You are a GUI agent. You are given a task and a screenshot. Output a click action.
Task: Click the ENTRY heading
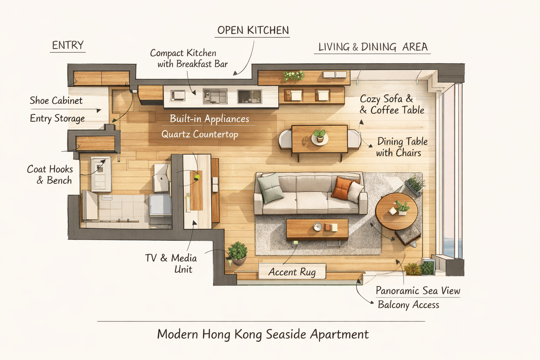(x=68, y=45)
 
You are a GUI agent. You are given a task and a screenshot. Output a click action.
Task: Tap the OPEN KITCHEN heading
(x=253, y=30)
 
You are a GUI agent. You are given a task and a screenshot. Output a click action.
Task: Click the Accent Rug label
(x=292, y=272)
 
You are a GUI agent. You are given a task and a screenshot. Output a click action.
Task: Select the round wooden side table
(x=397, y=211)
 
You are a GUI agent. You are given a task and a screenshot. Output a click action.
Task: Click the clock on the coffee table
(x=318, y=227)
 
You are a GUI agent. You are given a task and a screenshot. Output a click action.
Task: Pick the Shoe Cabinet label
(x=56, y=101)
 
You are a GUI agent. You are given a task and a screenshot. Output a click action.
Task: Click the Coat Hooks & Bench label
(x=50, y=175)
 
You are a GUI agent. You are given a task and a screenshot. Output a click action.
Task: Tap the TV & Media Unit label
(x=171, y=264)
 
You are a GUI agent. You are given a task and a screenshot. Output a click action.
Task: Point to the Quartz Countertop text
(x=200, y=134)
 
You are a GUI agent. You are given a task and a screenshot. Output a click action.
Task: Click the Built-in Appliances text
(x=209, y=118)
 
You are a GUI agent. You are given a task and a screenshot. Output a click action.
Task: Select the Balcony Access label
(x=409, y=305)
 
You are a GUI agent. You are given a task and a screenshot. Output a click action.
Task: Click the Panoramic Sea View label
(x=418, y=290)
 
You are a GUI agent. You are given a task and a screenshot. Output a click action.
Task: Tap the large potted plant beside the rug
(x=238, y=253)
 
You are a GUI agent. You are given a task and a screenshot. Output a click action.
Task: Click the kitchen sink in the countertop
(x=250, y=96)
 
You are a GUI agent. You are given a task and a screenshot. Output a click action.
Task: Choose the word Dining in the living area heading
(x=379, y=47)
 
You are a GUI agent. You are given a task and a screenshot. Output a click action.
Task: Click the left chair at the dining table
(x=285, y=139)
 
